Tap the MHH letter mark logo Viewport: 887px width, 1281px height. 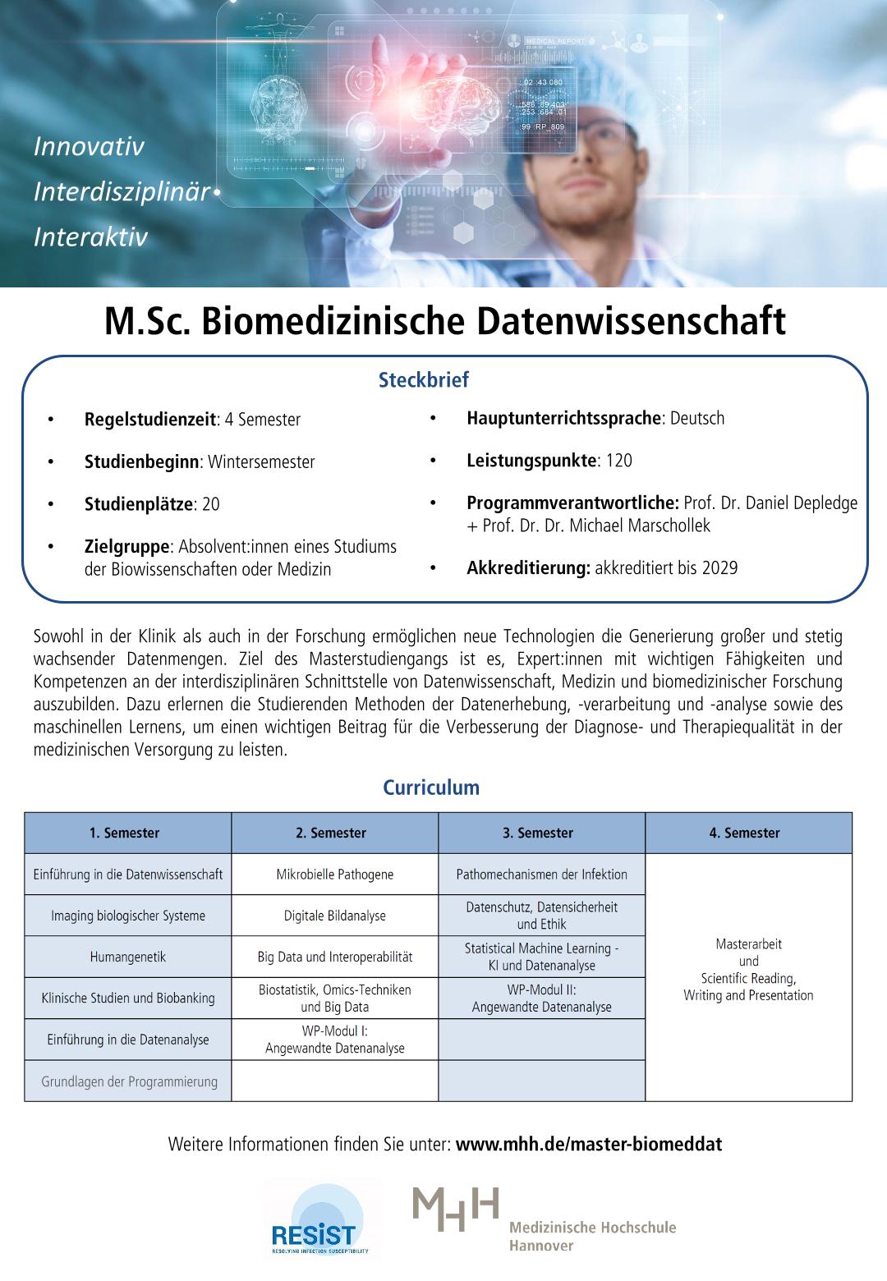tap(456, 1209)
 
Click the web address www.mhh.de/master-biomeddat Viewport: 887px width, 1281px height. tap(588, 1144)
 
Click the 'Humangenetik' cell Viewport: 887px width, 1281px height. tap(127, 957)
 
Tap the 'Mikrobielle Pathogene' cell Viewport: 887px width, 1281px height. tap(334, 875)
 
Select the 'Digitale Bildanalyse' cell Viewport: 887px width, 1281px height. tap(334, 916)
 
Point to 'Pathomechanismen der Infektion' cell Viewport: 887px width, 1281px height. tap(541, 875)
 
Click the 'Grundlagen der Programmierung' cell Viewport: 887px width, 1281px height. tap(129, 1081)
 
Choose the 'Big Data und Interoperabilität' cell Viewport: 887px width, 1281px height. tap(334, 957)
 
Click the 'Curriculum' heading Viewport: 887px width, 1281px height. tap(431, 788)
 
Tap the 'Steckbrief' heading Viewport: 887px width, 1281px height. tap(424, 380)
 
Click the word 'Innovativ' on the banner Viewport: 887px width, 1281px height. tap(89, 147)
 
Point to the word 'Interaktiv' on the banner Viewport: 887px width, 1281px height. tap(90, 237)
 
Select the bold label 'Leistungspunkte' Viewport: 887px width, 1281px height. tap(531, 461)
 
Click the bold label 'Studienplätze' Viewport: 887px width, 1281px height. tap(138, 504)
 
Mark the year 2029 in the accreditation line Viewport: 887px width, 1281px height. tap(719, 567)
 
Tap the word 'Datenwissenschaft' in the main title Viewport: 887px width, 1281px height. tap(632, 321)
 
